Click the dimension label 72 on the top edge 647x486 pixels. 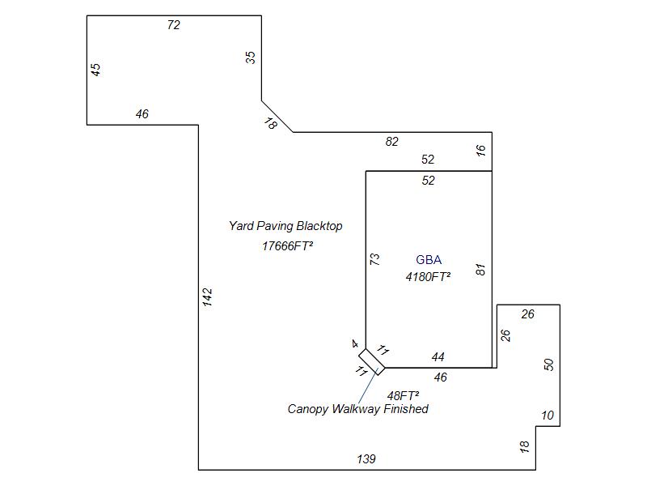tap(173, 25)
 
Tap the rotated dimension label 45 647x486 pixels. tap(96, 70)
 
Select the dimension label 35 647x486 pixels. tap(251, 58)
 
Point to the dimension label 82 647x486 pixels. tap(392, 142)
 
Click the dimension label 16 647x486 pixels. tap(481, 151)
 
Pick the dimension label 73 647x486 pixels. tap(374, 259)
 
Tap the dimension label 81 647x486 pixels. tap(481, 270)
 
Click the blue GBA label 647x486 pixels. tap(429, 260)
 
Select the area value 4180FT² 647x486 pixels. tap(428, 276)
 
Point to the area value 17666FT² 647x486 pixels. tap(287, 245)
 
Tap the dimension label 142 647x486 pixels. tap(208, 297)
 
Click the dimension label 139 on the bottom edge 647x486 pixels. tap(366, 459)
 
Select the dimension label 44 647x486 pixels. tap(438, 357)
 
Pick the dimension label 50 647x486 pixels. tap(550, 364)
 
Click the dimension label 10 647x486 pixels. tap(548, 416)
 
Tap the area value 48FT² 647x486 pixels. tap(403, 395)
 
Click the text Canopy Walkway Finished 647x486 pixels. tap(357, 409)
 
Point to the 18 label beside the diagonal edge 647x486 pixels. tap(271, 123)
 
